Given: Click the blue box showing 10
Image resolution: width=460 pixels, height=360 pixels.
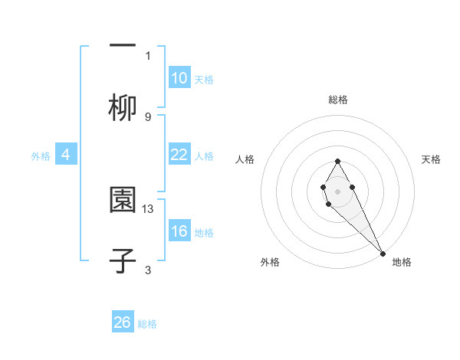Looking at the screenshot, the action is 179,78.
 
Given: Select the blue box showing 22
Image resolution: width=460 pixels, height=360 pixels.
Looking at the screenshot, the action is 179,155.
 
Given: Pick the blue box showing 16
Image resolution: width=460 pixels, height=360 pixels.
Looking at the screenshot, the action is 179,231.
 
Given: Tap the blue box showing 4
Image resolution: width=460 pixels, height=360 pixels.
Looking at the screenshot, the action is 66,155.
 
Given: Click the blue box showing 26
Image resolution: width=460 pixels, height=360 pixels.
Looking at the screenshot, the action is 123,322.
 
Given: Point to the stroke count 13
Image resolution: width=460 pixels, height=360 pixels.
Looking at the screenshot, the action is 149,208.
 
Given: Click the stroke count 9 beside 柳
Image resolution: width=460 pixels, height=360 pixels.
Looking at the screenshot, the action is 148,116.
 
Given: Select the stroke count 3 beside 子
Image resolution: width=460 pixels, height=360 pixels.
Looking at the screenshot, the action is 148,270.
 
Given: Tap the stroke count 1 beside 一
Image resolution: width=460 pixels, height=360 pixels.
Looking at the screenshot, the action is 148,55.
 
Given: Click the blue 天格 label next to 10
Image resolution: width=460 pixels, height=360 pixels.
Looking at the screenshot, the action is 203,79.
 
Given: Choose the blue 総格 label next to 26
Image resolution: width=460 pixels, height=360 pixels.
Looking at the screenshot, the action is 147,323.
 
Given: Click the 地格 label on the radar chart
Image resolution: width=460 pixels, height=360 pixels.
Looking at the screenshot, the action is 402,262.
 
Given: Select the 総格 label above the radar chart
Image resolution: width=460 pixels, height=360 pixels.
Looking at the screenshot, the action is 338,100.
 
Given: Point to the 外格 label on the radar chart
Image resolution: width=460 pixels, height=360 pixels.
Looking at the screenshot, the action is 270,262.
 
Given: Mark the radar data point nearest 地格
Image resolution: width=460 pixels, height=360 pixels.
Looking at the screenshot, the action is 383,254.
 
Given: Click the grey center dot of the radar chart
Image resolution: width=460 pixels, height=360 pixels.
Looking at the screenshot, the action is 337,191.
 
